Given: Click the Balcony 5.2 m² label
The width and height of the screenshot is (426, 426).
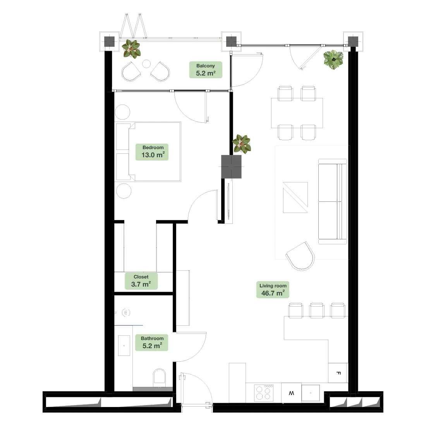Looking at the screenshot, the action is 206,70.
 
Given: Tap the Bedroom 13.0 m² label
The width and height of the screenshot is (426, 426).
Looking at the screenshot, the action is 152,152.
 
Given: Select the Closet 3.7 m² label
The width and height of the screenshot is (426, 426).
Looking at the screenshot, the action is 141,281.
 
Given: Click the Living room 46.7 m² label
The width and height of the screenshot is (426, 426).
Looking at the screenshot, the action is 273,290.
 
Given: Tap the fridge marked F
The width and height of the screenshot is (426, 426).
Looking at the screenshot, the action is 338,373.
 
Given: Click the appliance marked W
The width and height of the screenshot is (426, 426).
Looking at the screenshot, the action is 291,393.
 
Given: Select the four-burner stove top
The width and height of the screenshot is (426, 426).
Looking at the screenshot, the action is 264,393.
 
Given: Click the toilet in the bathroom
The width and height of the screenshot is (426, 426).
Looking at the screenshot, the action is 160,378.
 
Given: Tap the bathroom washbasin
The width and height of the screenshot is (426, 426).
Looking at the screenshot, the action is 124,345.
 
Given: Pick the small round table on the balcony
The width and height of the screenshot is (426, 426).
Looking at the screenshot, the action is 146,64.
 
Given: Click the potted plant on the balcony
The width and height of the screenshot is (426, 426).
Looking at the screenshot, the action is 131,49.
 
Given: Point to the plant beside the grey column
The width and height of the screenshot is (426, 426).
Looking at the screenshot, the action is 242,144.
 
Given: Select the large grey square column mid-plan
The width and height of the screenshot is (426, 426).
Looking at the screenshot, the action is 231,167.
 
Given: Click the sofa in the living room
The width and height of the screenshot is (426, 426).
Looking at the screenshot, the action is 333,202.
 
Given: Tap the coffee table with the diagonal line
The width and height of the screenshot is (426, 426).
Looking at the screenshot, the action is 295,198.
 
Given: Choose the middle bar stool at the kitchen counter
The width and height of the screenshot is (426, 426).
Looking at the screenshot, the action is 317,311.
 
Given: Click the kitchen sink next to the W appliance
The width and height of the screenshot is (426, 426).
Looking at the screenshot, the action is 311,393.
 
